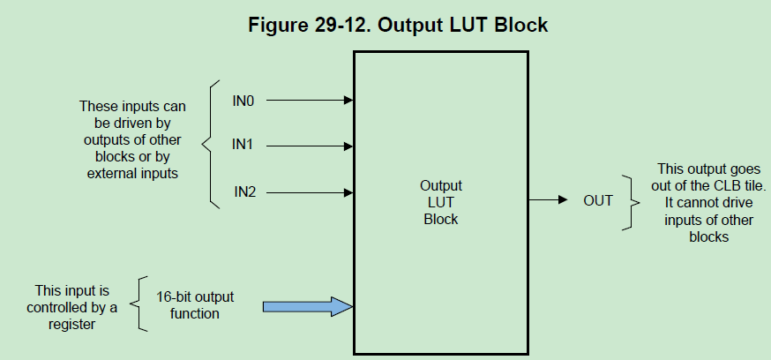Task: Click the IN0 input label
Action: point(243,101)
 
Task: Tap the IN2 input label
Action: point(244,191)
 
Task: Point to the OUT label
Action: point(597,201)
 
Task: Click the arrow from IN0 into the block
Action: point(309,101)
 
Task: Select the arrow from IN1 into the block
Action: point(309,146)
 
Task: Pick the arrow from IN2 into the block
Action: point(309,191)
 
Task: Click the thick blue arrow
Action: point(307,306)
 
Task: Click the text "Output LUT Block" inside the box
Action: point(440,203)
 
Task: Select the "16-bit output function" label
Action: point(195,304)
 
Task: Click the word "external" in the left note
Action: point(114,173)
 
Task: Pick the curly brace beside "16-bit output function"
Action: point(139,304)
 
